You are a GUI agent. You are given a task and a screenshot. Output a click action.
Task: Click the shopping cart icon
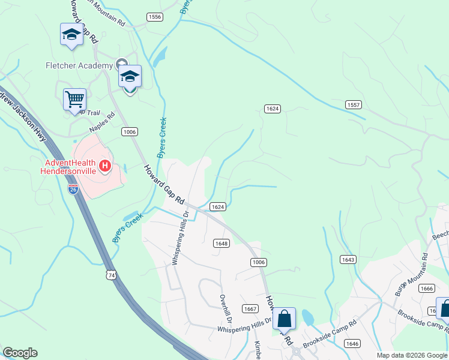pos(74,99)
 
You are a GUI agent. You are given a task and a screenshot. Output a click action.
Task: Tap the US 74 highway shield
pos(109,274)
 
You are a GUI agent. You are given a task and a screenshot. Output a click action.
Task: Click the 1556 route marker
pos(155,17)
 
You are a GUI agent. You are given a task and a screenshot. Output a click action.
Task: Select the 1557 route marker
pos(354,105)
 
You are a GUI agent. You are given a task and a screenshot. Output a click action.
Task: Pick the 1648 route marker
pos(221,244)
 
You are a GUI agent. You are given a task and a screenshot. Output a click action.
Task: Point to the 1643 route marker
pos(348,259)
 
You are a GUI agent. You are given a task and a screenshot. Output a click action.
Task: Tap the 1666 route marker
pos(426,288)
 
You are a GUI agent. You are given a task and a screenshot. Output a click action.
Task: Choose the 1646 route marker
pos(352,343)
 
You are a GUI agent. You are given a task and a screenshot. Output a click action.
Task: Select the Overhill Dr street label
pos(225,305)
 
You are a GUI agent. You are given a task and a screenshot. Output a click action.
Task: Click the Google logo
pos(20,353)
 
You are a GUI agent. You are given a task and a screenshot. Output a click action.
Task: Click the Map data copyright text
pos(412,355)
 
